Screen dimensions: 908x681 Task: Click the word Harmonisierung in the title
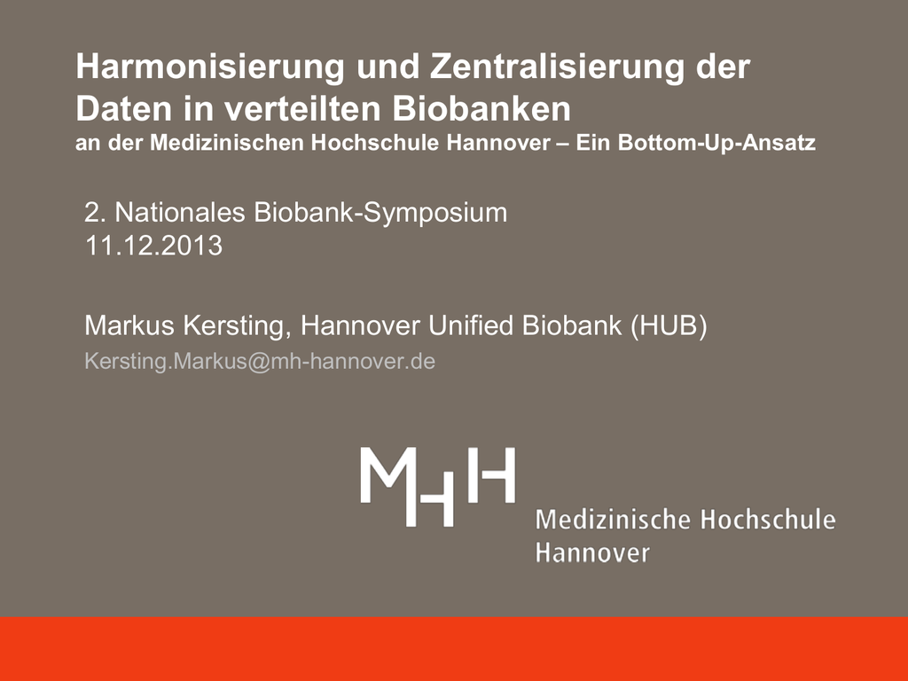210,67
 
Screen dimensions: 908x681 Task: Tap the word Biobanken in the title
481,108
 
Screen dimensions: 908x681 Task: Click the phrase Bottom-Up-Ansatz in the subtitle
716,143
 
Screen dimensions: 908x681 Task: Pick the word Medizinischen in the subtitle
227,143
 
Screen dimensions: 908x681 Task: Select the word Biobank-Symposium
380,214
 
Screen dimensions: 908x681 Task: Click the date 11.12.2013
154,246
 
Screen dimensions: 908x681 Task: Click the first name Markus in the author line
129,325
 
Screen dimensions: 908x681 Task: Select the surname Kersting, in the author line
238,326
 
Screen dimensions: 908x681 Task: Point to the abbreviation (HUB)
669,326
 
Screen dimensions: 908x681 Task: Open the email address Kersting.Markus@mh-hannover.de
260,362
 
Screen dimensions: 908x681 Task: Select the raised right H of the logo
491,475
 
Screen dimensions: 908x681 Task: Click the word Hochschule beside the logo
768,520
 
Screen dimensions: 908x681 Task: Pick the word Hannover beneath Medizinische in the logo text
592,552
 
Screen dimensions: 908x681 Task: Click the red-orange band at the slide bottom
454,648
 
